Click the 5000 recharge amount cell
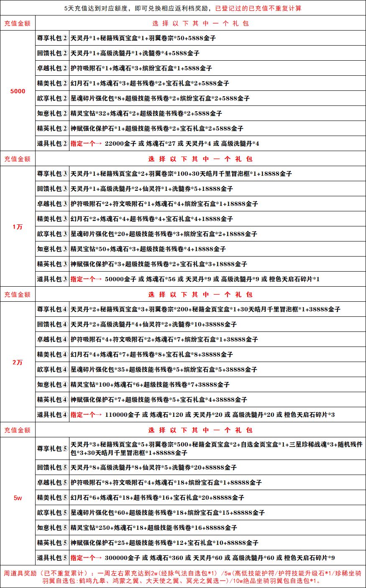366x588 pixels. point(18,91)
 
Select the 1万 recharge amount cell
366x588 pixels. point(18,227)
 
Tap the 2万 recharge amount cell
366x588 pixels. point(18,362)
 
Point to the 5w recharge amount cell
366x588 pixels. point(18,498)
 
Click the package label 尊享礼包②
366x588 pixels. point(52,38)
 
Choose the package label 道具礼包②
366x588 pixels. point(52,144)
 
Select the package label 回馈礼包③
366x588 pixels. point(52,189)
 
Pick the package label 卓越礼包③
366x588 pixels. point(52,204)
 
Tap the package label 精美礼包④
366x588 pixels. point(52,354)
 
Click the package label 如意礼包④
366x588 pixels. point(52,385)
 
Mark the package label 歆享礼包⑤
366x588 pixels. point(52,513)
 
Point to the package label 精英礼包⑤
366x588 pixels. point(52,543)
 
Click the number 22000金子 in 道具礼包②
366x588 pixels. point(121,144)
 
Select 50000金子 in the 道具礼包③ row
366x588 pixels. point(121,279)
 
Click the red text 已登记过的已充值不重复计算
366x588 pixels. point(258,8)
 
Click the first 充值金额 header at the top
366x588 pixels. point(18,23)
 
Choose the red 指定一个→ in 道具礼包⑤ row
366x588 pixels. point(86,558)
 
